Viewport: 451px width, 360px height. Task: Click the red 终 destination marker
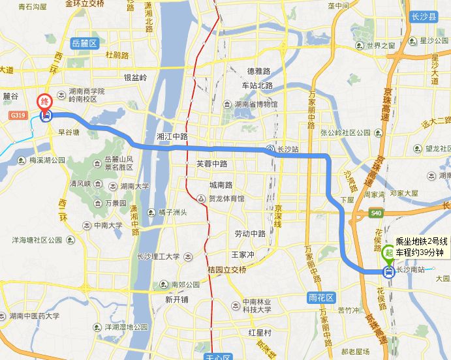click(x=45, y=102)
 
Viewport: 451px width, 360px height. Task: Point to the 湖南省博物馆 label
click(x=255, y=104)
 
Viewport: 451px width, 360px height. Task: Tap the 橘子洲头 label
click(x=168, y=212)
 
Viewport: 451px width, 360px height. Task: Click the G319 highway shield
click(x=18, y=116)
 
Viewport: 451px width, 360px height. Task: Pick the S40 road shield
click(x=375, y=213)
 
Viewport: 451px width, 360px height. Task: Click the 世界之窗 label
click(x=381, y=46)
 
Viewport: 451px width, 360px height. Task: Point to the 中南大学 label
click(x=108, y=226)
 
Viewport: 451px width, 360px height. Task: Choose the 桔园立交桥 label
click(x=227, y=270)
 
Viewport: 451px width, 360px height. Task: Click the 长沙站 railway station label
click(x=287, y=149)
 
